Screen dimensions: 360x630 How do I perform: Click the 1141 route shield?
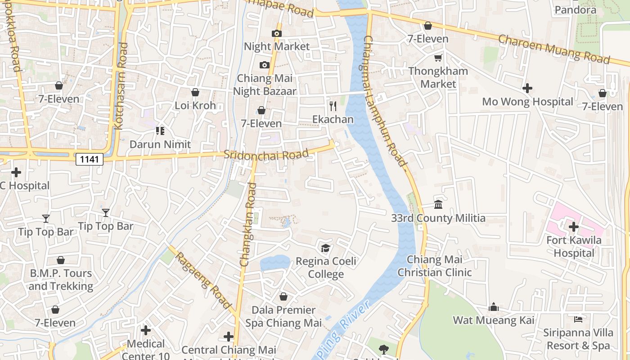90,159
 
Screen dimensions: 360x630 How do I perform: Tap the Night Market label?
277,46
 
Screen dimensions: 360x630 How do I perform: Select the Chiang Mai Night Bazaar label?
265,85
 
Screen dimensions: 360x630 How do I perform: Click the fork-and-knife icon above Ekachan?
333,106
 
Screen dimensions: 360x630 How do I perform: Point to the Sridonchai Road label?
266,154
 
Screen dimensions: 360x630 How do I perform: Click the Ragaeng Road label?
203,280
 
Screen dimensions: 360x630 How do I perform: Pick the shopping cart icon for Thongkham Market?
438,58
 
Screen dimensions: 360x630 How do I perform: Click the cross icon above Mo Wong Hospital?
527,88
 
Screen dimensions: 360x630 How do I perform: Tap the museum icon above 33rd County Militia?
438,205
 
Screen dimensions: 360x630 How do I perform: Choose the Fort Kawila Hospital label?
574,247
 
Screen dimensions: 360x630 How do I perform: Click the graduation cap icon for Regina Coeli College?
325,248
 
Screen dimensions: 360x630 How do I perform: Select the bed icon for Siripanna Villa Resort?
578,319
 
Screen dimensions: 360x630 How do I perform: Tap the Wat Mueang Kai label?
494,320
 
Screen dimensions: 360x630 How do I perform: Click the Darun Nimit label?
160,144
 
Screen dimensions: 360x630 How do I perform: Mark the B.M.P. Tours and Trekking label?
61,279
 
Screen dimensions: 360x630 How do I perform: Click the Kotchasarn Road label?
121,85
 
